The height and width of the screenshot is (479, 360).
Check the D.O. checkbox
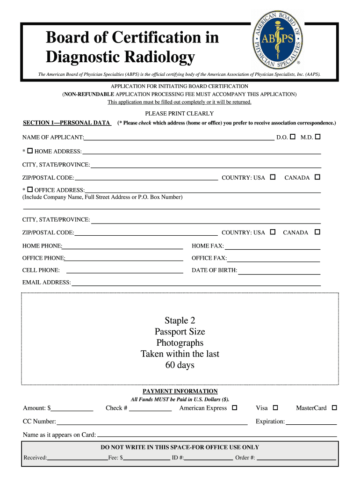tap(293, 137)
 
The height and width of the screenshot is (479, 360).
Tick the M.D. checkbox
tap(318, 137)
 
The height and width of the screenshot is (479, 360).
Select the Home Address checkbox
tap(30, 151)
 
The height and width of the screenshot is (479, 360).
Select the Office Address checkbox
tap(30, 189)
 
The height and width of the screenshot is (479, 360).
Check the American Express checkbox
tap(235, 408)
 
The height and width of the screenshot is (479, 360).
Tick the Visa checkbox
tap(275, 408)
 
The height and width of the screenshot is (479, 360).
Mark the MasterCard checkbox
tap(334, 408)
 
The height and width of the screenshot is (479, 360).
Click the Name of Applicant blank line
tap(179, 138)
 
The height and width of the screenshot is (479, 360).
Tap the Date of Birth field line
tap(279, 272)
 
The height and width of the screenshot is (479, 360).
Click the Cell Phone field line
tap(125, 271)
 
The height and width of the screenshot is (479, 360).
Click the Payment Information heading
tap(180, 391)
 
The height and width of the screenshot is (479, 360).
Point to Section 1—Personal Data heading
tap(66, 123)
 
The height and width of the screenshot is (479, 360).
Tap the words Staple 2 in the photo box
tap(180, 320)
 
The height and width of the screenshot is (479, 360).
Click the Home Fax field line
tap(273, 247)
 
